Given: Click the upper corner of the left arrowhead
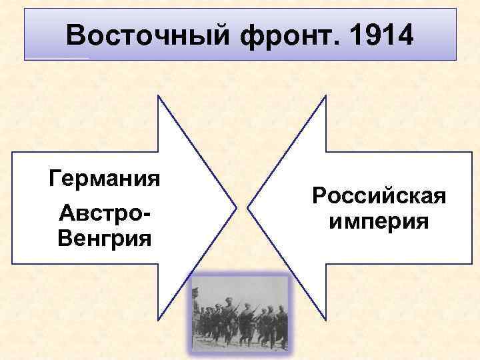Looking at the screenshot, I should (158, 95).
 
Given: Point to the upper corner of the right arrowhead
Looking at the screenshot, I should (325, 95).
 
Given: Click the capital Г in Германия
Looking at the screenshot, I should (55, 179).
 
